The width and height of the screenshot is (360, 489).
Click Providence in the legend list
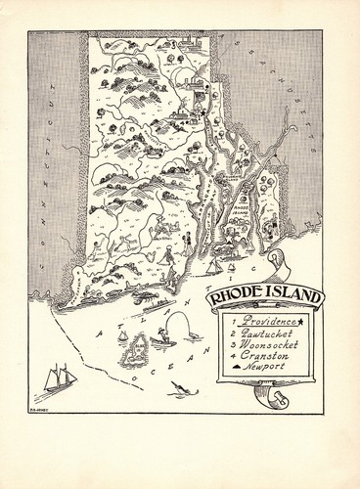coord(260,322)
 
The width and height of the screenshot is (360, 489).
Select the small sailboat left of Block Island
coord(123,335)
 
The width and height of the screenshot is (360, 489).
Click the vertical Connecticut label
coord(44,156)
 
